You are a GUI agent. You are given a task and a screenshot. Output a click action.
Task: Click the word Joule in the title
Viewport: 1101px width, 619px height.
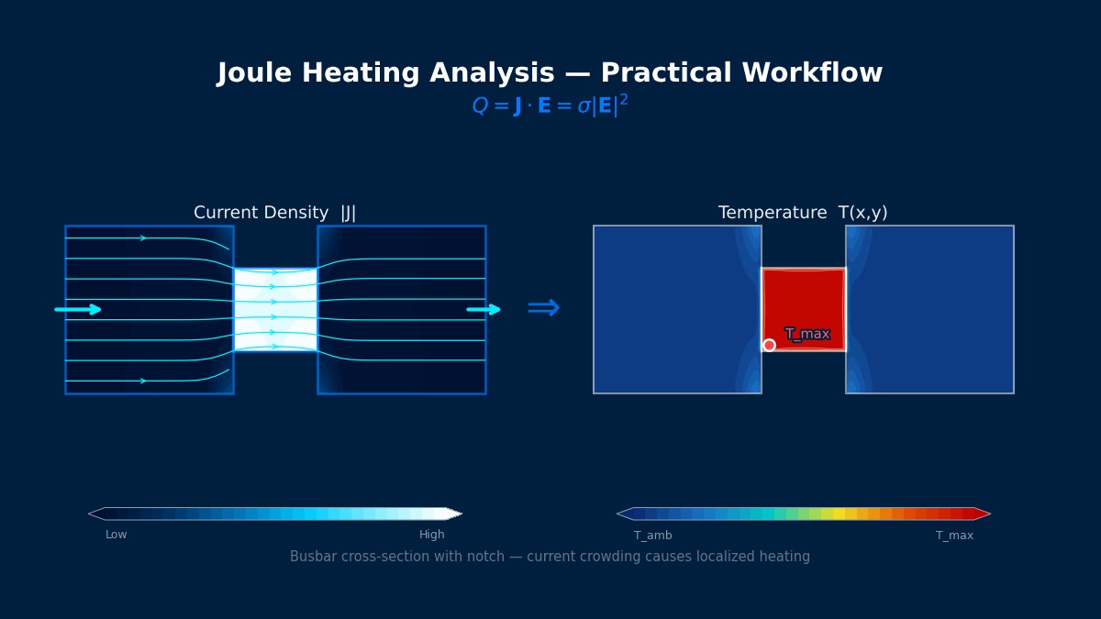256,74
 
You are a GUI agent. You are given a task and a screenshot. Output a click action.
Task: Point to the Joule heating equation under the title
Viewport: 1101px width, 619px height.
550,106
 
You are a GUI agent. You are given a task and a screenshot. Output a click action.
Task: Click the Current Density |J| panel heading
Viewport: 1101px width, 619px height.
274,213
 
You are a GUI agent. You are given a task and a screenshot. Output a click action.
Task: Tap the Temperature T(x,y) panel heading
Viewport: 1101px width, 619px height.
803,213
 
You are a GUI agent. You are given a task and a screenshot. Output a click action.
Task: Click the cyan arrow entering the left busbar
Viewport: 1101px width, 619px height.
79,310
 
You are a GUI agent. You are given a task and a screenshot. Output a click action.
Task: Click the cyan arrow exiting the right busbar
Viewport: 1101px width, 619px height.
484,310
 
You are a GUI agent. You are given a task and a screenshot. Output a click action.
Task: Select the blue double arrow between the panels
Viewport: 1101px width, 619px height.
543,309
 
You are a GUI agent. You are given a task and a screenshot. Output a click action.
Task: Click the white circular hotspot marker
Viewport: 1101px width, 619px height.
769,345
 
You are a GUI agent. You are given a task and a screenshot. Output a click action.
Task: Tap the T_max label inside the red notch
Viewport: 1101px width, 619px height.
807,334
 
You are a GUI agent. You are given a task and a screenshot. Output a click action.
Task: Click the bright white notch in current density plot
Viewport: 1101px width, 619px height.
275,309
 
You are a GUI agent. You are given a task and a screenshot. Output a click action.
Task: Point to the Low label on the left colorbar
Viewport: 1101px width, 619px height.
117,536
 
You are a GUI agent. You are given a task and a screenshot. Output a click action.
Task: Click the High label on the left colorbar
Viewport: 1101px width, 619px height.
432,536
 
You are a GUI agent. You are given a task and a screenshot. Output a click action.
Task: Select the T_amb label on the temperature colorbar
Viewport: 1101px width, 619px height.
653,536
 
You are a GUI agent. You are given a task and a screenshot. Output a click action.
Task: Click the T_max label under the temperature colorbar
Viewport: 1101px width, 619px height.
954,536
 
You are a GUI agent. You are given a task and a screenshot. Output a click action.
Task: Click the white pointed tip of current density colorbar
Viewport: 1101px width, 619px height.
454,514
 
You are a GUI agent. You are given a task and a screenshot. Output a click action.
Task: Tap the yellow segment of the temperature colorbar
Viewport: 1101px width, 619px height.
839,514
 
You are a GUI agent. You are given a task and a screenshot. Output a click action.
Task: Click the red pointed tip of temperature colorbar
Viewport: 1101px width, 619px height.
982,514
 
